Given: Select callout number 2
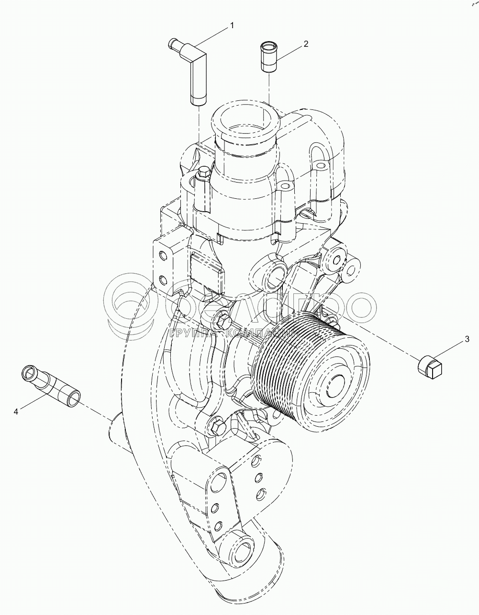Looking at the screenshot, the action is click(305, 44).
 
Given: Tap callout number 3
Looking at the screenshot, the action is click(467, 340).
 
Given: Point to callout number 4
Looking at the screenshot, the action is click(16, 411).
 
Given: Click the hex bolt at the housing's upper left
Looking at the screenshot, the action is click(202, 173).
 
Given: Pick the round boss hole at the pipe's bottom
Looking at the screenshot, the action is click(243, 547).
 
